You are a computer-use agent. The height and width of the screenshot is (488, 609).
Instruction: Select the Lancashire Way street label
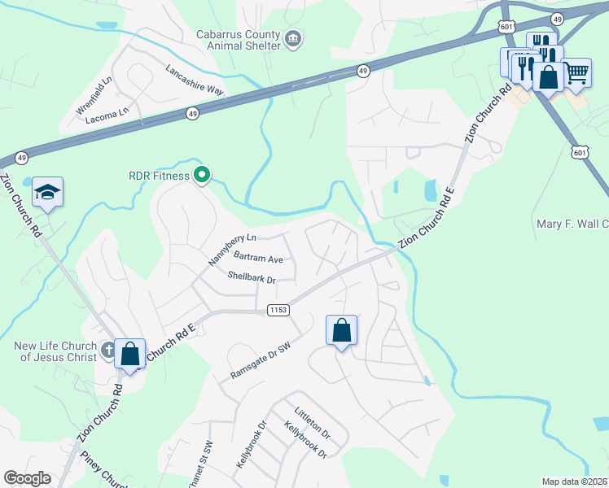(x=194, y=80)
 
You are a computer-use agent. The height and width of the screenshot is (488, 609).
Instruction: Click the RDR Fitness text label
(x=158, y=175)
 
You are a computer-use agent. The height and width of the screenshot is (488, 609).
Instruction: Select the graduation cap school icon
(x=47, y=193)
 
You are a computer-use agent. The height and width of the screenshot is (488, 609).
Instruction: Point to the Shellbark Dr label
(x=252, y=279)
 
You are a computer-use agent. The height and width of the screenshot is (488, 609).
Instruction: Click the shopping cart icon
(x=576, y=73)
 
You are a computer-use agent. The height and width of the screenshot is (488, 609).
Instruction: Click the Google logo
(x=27, y=478)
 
